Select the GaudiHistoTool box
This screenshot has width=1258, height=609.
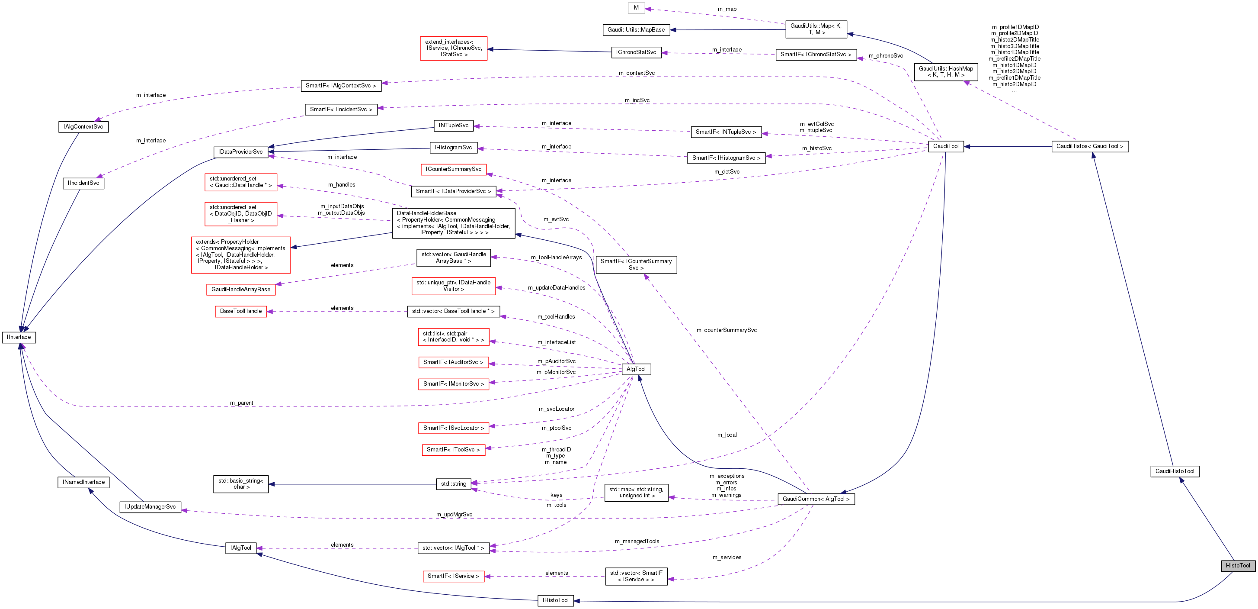pyautogui.click(x=1175, y=471)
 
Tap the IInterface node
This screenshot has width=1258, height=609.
pyautogui.click(x=19, y=337)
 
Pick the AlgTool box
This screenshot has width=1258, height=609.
pyautogui.click(x=636, y=369)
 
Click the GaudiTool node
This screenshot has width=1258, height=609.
pyautogui.click(x=945, y=146)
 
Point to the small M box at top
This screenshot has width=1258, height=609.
pyautogui.click(x=636, y=8)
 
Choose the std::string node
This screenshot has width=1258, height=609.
pyautogui.click(x=454, y=484)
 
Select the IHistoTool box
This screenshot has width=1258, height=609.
pyautogui.click(x=555, y=600)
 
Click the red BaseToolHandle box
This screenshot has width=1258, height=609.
pyautogui.click(x=241, y=311)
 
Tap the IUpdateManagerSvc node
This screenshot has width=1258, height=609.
pyautogui.click(x=150, y=507)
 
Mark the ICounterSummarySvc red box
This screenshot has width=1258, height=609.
pyautogui.click(x=453, y=169)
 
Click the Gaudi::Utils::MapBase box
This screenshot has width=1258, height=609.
pyautogui.click(x=636, y=30)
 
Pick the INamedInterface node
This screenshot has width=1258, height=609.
pyautogui.click(x=83, y=482)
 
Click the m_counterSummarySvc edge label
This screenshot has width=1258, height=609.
pyautogui.click(x=726, y=330)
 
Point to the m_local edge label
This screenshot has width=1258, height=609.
pyautogui.click(x=727, y=435)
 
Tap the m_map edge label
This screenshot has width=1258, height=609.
pyautogui.click(x=727, y=9)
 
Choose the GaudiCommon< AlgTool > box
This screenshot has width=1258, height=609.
pyautogui.click(x=816, y=499)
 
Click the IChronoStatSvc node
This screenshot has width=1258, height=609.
pyautogui.click(x=636, y=52)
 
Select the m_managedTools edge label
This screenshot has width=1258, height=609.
pyautogui.click(x=637, y=541)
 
